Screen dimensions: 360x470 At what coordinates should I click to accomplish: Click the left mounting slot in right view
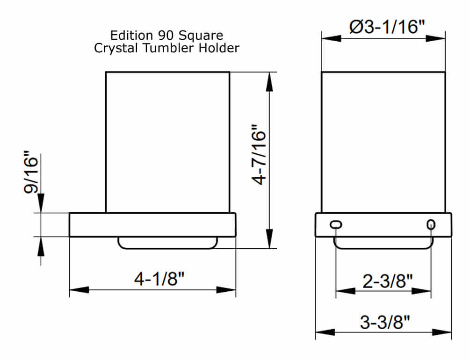(x=336, y=225)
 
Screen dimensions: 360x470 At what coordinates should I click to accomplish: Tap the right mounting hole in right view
(x=431, y=225)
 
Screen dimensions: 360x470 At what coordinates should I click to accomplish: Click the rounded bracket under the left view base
(x=167, y=243)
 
